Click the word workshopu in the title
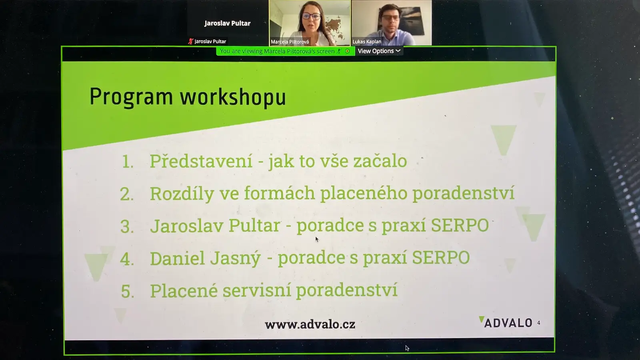[x=233, y=98]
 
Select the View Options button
[x=379, y=51]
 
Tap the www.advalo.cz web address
[x=310, y=324]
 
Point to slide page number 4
[x=538, y=323]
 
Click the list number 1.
[x=128, y=162]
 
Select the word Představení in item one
[x=201, y=160]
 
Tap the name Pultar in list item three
[x=254, y=226]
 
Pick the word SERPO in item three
[x=460, y=226]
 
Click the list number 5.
[x=128, y=292]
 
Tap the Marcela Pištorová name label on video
[x=290, y=42]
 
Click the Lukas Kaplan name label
[x=367, y=42]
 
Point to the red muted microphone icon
[x=190, y=42]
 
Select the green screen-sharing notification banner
[x=285, y=51]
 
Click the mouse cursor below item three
[x=317, y=240]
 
